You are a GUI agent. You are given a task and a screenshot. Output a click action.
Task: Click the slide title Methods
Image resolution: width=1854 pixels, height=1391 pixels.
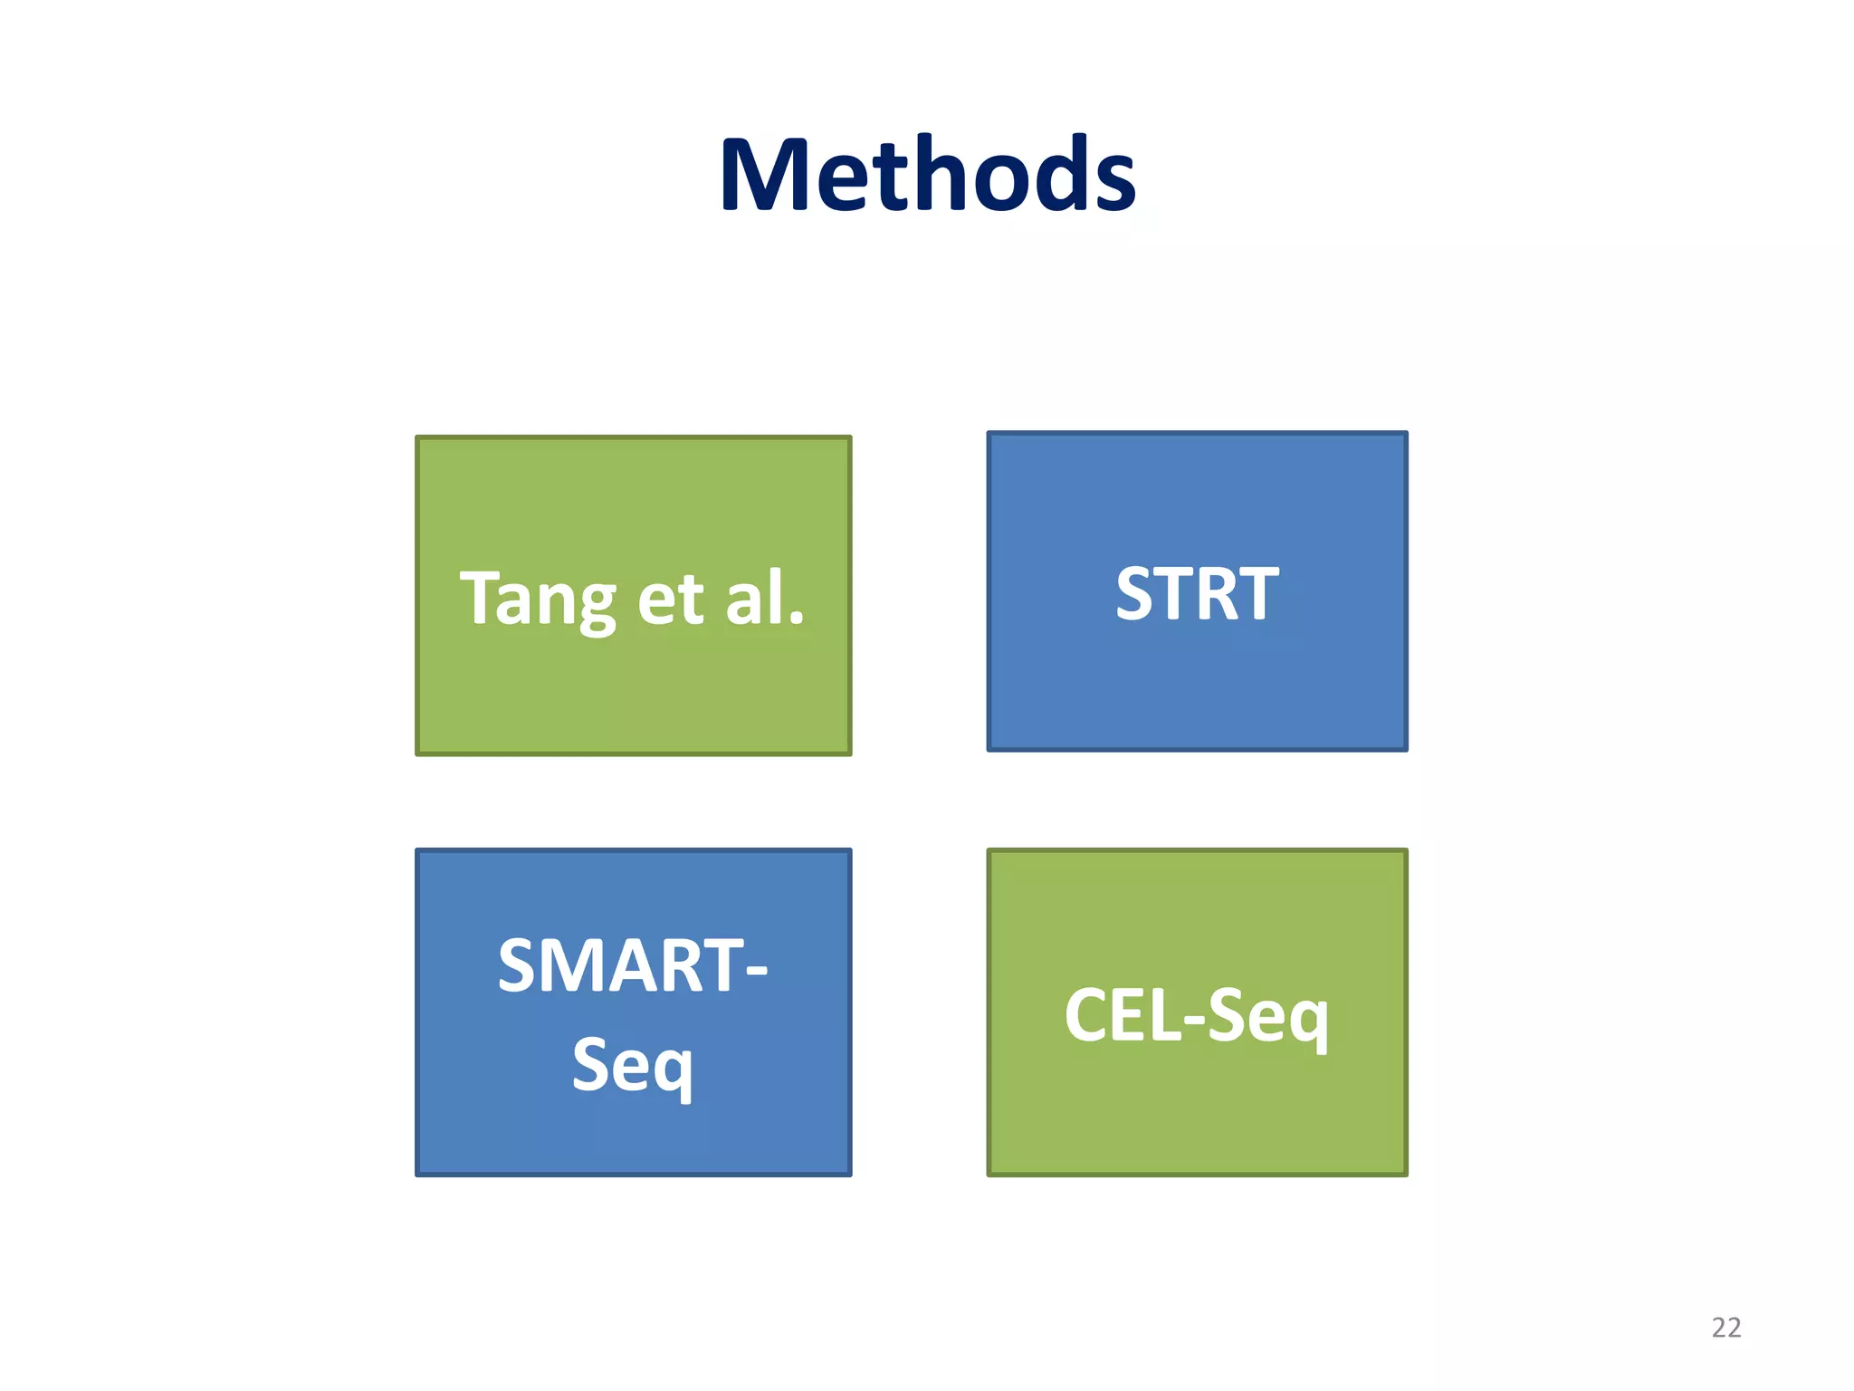[927, 174]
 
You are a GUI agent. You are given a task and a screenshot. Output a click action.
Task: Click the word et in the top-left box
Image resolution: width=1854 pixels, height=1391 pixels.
[671, 600]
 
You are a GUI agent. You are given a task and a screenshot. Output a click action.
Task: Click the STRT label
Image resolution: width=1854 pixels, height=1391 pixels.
[1197, 594]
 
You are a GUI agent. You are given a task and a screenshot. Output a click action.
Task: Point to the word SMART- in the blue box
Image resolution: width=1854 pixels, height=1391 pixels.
[633, 966]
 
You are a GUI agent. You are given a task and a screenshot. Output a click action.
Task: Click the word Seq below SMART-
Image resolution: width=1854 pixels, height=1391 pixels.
[633, 1066]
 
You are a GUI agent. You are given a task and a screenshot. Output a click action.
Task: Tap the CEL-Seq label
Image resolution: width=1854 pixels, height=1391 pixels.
[1197, 1016]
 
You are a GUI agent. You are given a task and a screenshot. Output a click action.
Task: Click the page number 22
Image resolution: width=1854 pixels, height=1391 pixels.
[1725, 1328]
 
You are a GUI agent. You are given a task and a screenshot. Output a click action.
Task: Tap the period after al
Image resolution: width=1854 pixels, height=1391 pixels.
[797, 619]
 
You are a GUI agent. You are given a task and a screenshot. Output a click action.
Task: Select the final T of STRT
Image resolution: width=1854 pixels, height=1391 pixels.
[1259, 594]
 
